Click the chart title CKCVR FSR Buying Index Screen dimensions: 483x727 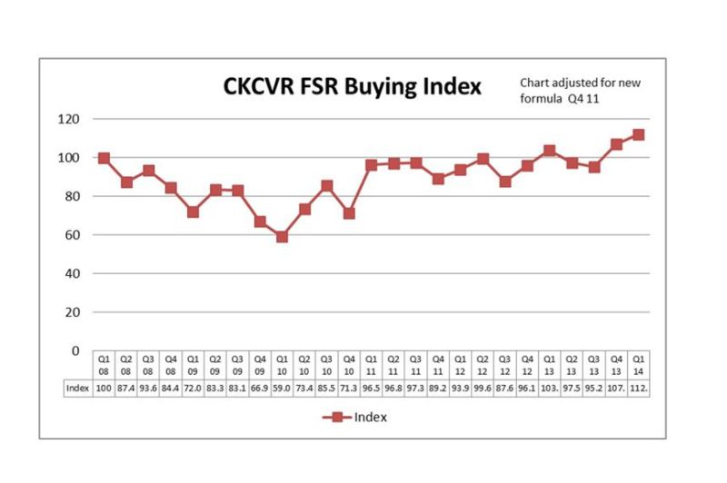(354, 86)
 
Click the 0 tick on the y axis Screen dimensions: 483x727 (77, 350)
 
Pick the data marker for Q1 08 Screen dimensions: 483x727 (104, 158)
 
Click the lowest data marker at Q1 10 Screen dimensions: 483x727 (282, 237)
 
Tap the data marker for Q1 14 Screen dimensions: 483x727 (638, 134)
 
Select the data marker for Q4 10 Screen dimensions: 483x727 (348, 213)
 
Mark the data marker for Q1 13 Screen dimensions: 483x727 (549, 151)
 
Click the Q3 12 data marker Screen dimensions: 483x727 (504, 182)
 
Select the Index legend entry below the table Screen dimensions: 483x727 (356, 418)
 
